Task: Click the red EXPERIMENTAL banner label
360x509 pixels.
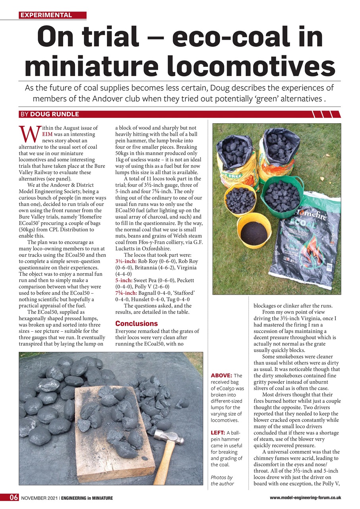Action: (46, 15)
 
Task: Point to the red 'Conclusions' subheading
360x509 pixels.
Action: (136, 323)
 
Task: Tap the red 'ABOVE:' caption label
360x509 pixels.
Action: (221, 375)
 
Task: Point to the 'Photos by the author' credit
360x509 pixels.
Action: (222, 480)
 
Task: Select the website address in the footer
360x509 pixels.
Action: (305, 497)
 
